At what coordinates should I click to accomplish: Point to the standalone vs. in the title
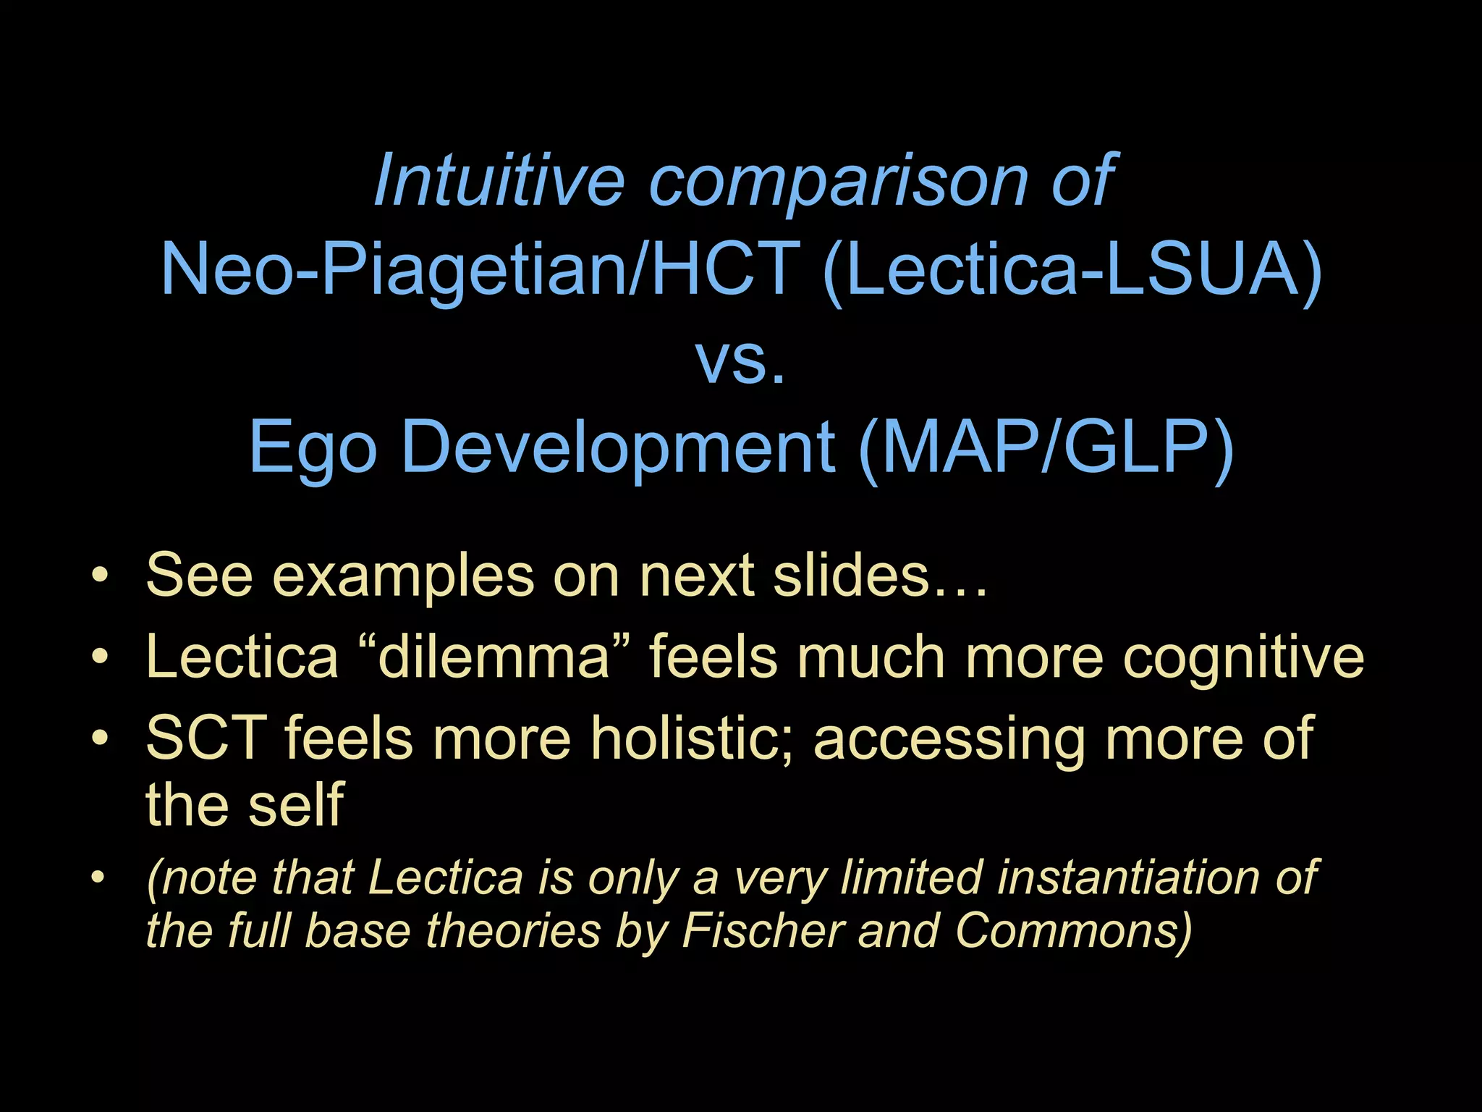(740, 359)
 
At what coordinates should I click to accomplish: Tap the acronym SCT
(206, 738)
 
